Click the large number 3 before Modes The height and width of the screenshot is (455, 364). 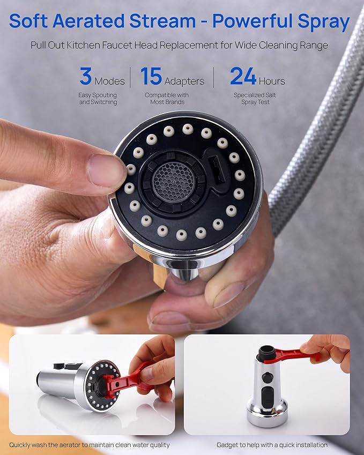point(85,76)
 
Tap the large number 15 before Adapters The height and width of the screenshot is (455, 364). point(151,76)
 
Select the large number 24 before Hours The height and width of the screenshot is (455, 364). point(243,76)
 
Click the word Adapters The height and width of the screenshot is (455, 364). point(184,81)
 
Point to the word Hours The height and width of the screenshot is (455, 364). point(272,81)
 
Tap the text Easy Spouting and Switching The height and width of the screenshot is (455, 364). point(98,99)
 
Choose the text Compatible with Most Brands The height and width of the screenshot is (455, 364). point(166,99)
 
